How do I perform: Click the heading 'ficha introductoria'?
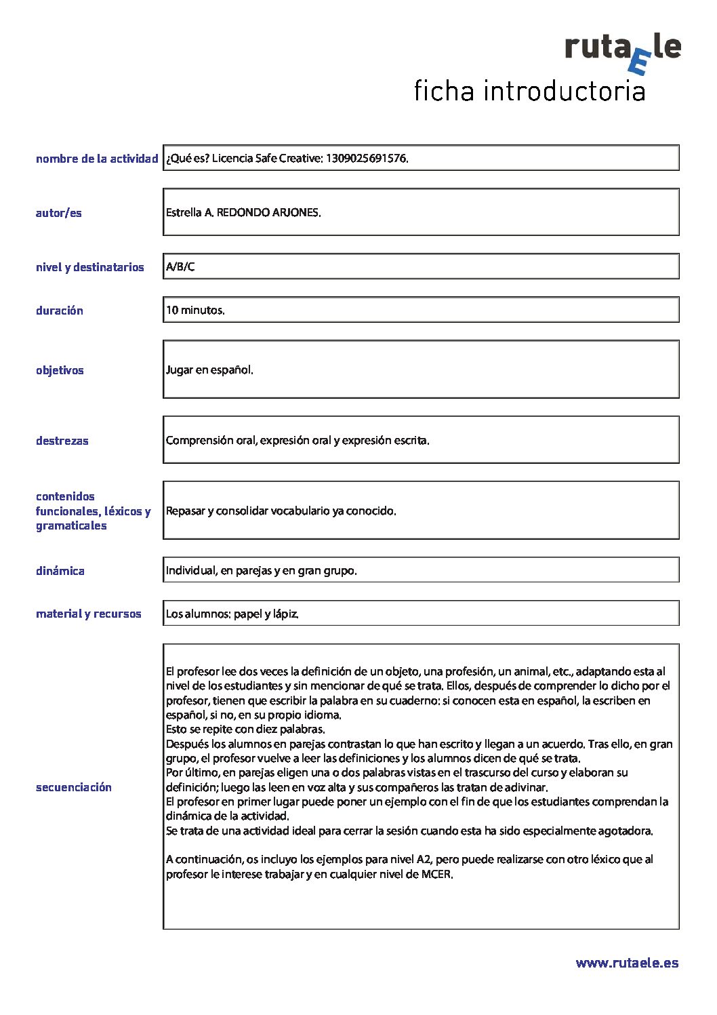[x=529, y=91]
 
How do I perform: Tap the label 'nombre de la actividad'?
[x=97, y=159]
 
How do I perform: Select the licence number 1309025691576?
[x=366, y=159]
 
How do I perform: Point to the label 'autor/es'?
[x=58, y=213]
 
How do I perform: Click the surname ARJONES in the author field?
[x=295, y=212]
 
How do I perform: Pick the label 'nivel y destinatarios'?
[x=89, y=267]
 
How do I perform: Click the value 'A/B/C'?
[x=180, y=266]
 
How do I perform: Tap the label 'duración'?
[x=60, y=311]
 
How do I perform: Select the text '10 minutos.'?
[x=195, y=311]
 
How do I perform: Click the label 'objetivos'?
[x=60, y=370]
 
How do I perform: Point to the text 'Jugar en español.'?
[x=209, y=370]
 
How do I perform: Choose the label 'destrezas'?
[x=62, y=441]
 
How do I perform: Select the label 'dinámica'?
[x=60, y=571]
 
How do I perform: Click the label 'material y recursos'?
[x=89, y=614]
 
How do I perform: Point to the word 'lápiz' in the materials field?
[x=285, y=614]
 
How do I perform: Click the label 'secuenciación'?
[x=74, y=787]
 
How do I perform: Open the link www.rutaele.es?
[x=627, y=963]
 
